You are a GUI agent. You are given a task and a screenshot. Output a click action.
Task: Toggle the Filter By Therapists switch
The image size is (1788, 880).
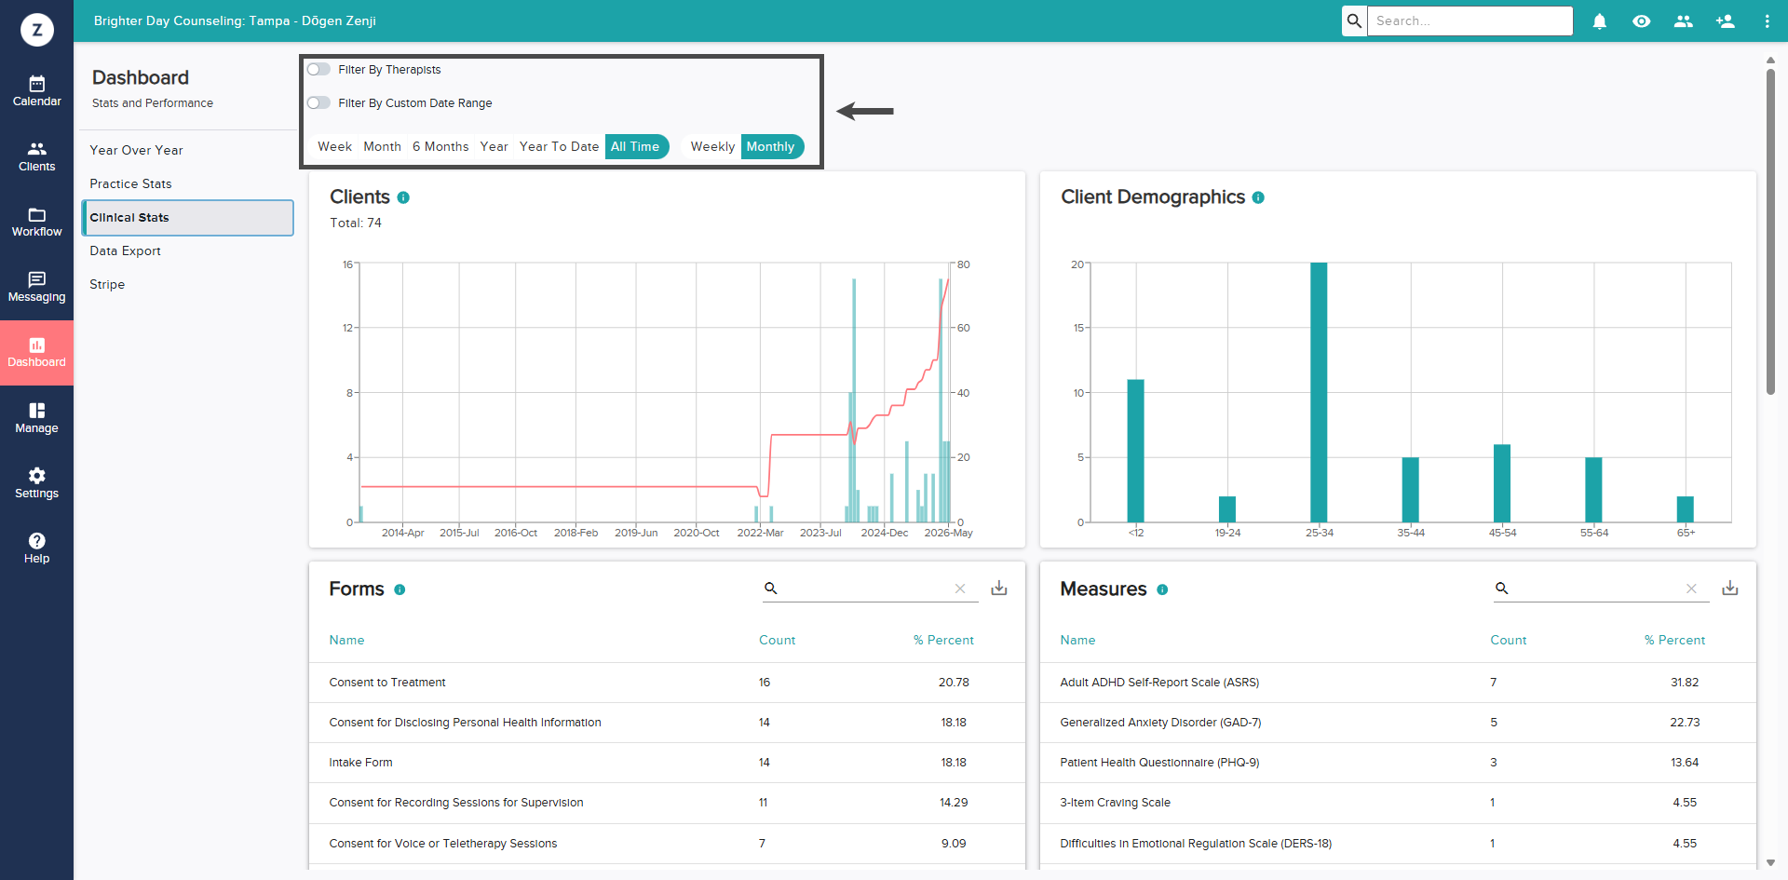coord(318,70)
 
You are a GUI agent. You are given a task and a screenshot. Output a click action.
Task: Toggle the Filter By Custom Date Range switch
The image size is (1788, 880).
coord(318,103)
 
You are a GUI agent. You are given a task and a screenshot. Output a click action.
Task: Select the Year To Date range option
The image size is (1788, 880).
coord(559,147)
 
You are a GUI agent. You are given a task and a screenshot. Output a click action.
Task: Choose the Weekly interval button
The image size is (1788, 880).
coord(712,147)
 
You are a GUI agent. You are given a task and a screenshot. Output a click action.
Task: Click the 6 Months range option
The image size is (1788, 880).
coord(440,147)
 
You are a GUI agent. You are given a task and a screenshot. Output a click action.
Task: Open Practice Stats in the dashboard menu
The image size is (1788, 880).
coord(130,184)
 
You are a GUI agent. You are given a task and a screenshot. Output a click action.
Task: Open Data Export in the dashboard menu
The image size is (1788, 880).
coord(125,251)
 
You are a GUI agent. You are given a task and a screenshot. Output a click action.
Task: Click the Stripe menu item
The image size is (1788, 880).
coord(107,285)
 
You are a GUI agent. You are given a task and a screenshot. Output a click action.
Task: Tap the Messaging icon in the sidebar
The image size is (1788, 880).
coord(37,279)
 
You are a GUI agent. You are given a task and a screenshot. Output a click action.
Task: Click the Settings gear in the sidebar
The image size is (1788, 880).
coord(37,476)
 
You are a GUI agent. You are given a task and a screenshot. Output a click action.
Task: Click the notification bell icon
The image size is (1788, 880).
coord(1600,21)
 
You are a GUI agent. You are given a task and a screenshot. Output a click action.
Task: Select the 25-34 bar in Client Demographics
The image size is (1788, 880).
coord(1319,392)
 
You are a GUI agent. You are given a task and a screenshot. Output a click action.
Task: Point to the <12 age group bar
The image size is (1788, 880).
coord(1136,451)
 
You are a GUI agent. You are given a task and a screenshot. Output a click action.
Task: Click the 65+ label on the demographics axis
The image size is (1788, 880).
coord(1686,534)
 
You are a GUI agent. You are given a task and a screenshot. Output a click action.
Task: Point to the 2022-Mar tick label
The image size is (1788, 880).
coord(760,534)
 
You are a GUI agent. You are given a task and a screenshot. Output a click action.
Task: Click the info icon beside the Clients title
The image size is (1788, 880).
coord(403,197)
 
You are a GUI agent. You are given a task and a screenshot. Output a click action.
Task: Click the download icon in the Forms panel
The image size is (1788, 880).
coord(999,589)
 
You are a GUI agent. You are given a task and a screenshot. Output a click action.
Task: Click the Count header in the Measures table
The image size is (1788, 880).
coord(1508,641)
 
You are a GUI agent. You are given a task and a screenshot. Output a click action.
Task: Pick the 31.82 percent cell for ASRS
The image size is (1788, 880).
coord(1685,683)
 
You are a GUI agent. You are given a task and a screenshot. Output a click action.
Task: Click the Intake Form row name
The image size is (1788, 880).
coord(360,763)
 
